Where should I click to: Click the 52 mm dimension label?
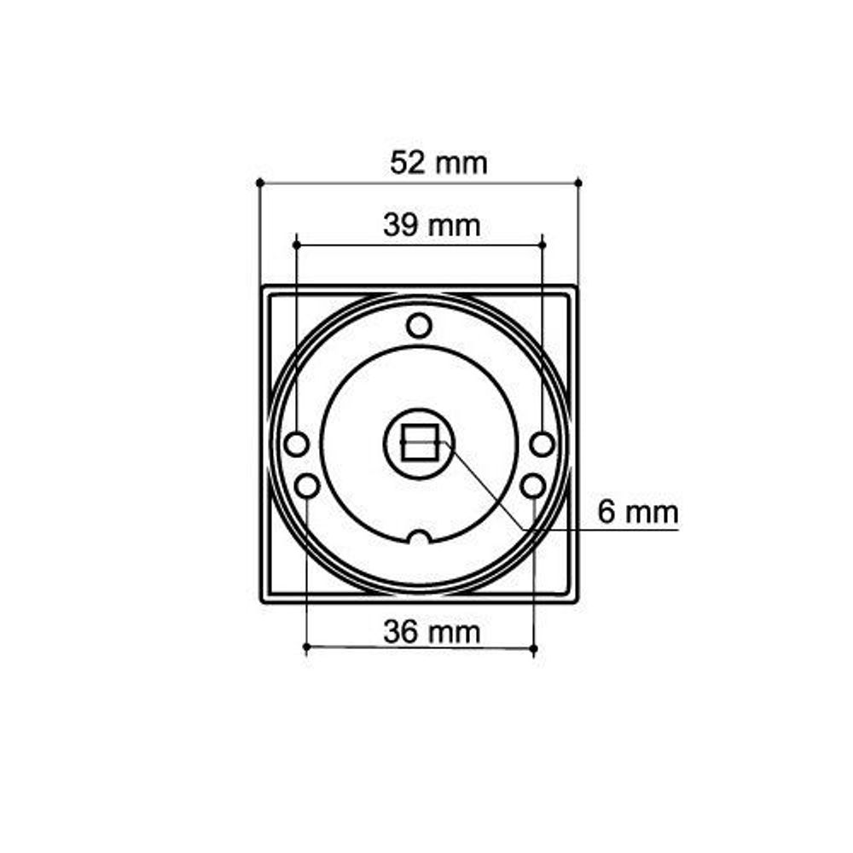(438, 162)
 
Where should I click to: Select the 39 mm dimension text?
(432, 226)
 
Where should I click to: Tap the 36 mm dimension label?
(432, 632)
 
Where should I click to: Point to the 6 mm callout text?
(638, 513)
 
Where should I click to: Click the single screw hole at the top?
(418, 325)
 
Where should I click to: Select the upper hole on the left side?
(296, 444)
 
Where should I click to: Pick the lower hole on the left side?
(306, 486)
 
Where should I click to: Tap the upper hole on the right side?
(542, 444)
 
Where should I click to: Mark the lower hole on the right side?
(532, 486)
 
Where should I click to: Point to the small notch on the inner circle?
(418, 537)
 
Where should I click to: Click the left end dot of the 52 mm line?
(259, 183)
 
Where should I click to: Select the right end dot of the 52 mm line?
(578, 183)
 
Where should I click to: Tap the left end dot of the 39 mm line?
(296, 245)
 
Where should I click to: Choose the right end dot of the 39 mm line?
(542, 245)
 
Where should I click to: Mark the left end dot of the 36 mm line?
(306, 648)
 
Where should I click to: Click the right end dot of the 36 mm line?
(533, 650)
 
